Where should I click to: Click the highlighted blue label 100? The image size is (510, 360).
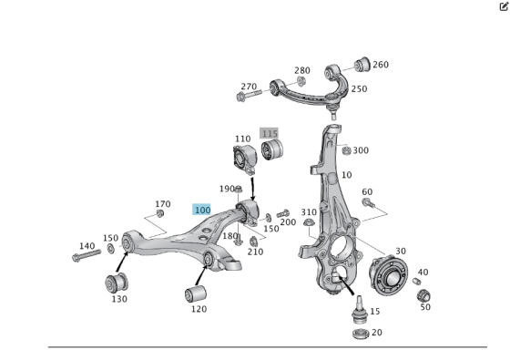[x=202, y=210]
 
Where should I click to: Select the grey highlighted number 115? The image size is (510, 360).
[x=269, y=133]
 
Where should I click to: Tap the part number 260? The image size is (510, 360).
[x=380, y=65]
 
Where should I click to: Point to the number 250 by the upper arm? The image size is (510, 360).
[x=359, y=89]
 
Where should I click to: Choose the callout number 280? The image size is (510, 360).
[x=301, y=70]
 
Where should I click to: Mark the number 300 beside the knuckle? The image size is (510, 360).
[x=361, y=150]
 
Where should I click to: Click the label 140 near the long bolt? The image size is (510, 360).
[x=87, y=246]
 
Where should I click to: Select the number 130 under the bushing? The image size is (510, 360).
[x=119, y=299]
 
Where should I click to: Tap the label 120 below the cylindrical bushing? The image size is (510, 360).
[x=199, y=309]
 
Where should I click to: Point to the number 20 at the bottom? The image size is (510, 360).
[x=376, y=333]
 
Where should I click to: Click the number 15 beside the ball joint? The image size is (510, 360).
[x=375, y=311]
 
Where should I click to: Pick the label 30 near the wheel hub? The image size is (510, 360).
[x=401, y=252]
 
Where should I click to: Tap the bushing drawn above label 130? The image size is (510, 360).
[x=117, y=280]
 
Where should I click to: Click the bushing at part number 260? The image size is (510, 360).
[x=362, y=63]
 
